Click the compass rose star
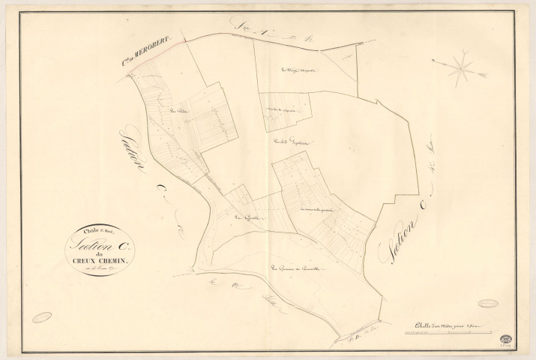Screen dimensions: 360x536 point(461,69)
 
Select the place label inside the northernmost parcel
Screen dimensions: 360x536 point(298,71)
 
